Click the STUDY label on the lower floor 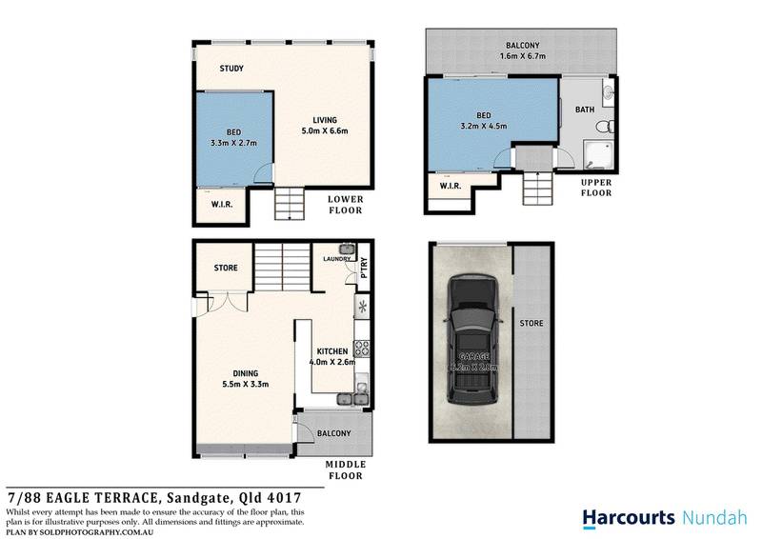click(x=231, y=69)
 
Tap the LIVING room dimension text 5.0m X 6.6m click(x=325, y=131)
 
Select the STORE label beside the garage click(x=531, y=324)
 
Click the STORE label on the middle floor click(x=226, y=269)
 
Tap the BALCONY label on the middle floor click(x=334, y=434)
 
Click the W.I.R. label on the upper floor click(x=451, y=187)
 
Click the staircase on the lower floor click(x=288, y=203)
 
